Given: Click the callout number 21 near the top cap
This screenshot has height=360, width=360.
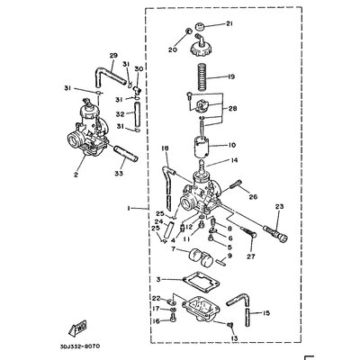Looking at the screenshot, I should tap(229, 23).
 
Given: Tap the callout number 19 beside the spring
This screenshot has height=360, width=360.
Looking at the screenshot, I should tap(230, 76).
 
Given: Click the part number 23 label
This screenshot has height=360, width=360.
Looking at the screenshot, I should tap(278, 207).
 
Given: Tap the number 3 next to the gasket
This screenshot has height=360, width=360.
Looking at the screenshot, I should tap(158, 280).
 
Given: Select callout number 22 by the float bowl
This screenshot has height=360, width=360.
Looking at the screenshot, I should tap(155, 298).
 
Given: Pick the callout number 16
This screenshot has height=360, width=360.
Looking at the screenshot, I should tap(155, 320).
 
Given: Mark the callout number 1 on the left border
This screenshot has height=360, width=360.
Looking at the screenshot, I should tap(130, 208).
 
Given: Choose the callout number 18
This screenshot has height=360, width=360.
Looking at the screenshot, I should tap(165, 148).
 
